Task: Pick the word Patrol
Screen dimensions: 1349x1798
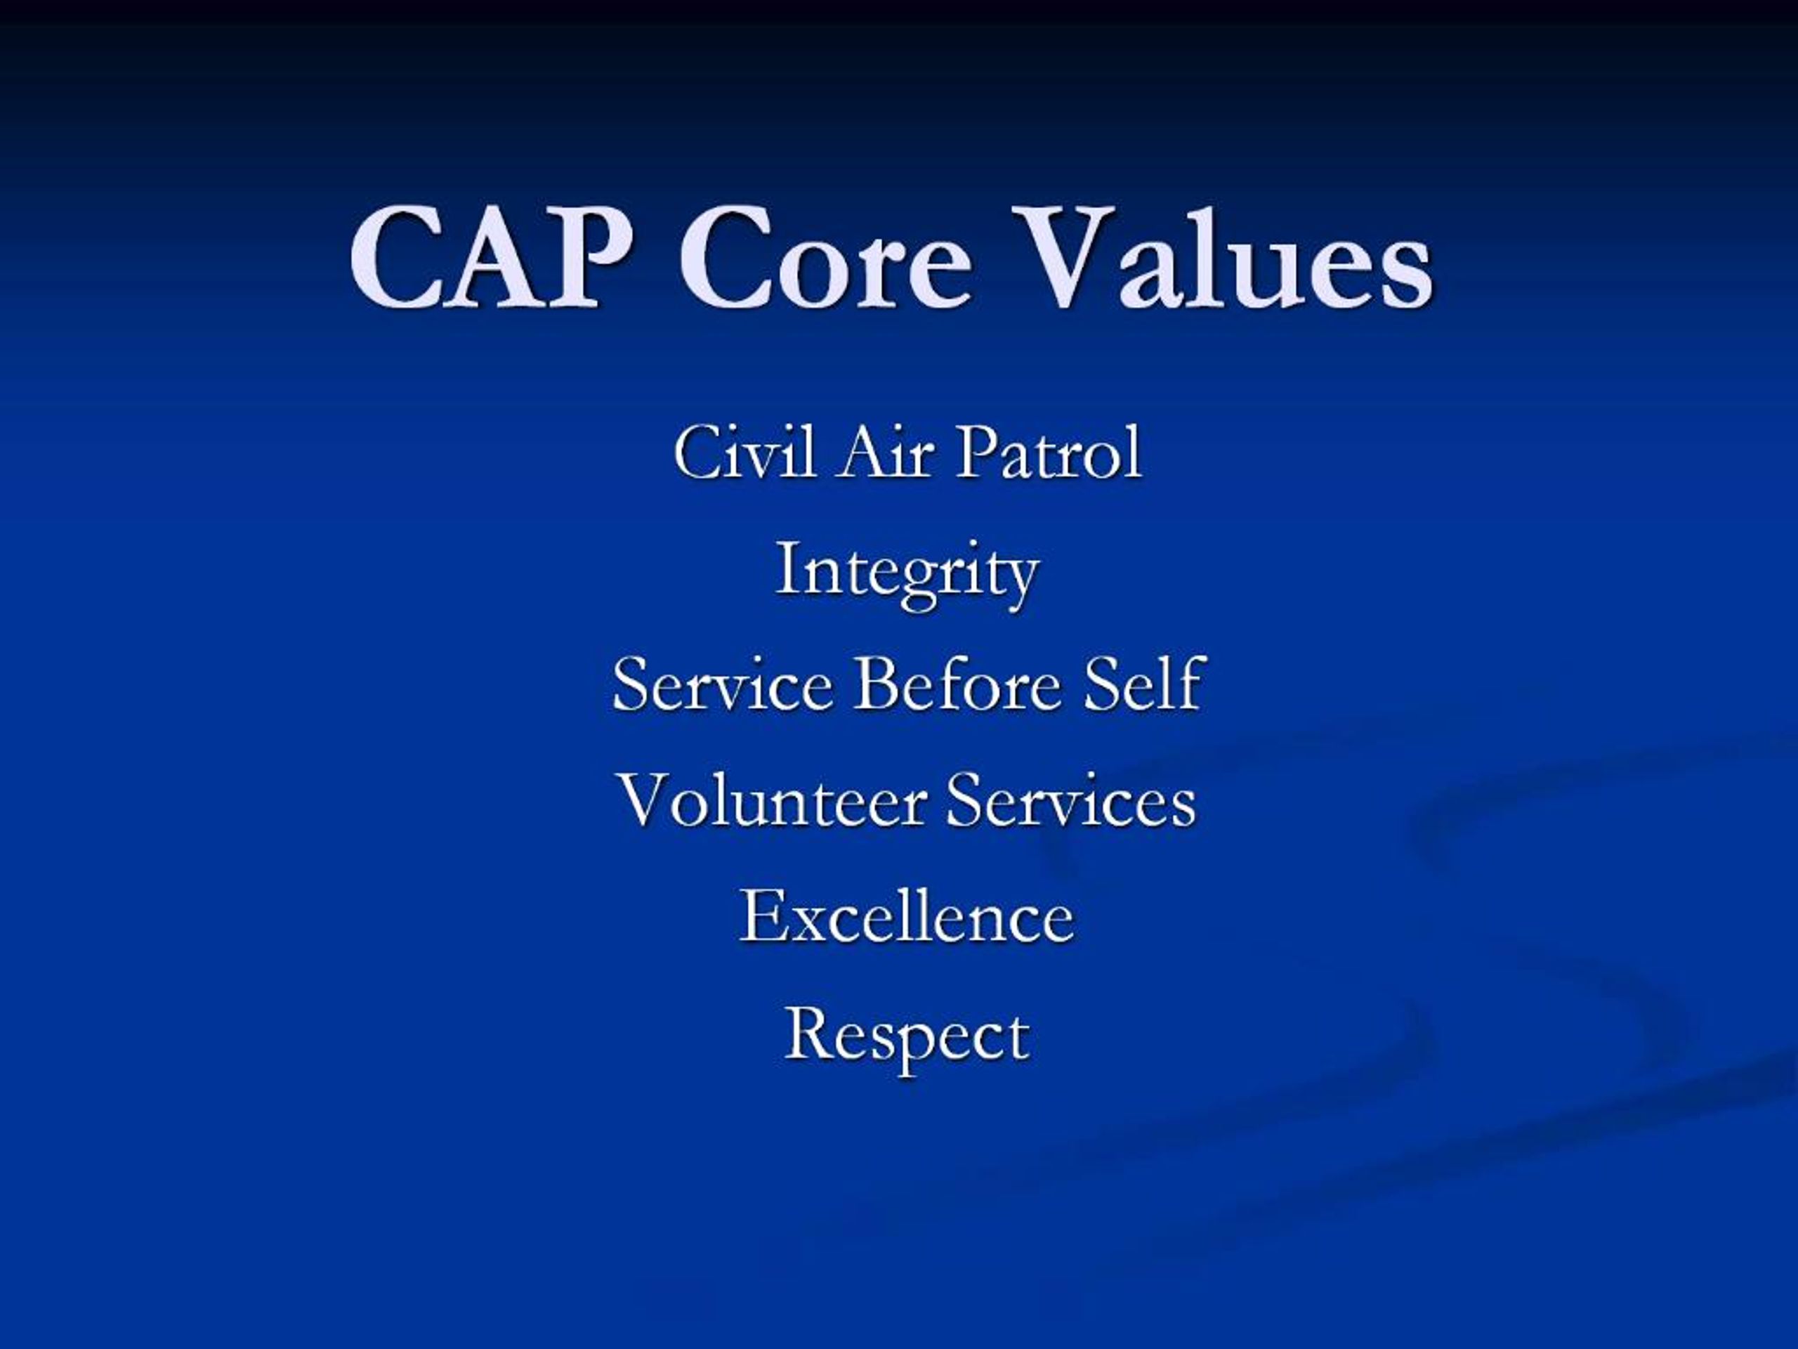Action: (1049, 453)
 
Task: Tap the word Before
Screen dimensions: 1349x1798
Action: (957, 684)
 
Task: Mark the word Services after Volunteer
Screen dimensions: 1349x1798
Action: (1071, 801)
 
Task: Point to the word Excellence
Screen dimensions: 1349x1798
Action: (906, 916)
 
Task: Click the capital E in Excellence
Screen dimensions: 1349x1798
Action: (760, 916)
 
